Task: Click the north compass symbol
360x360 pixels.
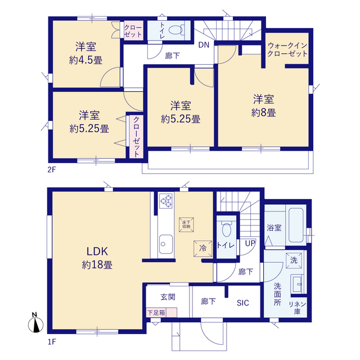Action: point(35,323)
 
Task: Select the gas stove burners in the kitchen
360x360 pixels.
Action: point(166,201)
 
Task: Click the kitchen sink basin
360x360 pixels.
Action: point(165,244)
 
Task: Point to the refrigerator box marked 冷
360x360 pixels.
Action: point(202,249)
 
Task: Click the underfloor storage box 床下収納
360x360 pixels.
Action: point(186,224)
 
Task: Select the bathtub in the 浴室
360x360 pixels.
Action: point(296,225)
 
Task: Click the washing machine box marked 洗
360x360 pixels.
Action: point(294,260)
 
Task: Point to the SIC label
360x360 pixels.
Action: point(243,303)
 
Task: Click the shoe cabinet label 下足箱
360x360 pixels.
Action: point(156,313)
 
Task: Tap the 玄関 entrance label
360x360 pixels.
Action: point(168,297)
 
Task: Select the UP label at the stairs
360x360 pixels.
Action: point(250,244)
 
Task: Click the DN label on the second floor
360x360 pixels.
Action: point(204,45)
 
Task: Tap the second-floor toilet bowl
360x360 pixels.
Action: point(176,30)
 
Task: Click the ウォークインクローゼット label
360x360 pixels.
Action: point(287,49)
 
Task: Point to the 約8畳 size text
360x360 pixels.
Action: point(264,113)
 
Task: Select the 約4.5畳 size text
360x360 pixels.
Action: point(85,60)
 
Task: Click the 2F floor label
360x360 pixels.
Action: point(52,169)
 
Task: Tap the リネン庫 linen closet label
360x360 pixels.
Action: point(298,308)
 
